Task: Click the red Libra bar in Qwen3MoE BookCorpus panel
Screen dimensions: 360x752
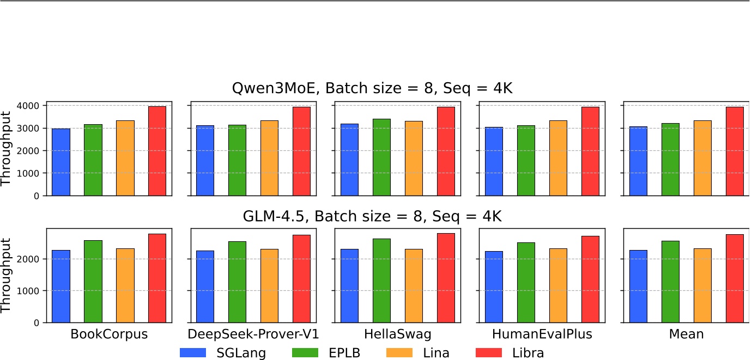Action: tap(157, 151)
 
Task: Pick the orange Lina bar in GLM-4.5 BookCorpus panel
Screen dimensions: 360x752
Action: tap(125, 285)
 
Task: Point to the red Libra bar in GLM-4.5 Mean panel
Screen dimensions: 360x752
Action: tap(735, 278)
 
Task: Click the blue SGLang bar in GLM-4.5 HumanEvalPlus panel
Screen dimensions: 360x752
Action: tap(494, 287)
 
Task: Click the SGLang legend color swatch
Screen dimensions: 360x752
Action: tap(193, 353)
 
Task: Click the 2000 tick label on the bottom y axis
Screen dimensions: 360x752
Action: tap(32, 259)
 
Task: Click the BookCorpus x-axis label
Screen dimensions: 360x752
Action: tap(109, 334)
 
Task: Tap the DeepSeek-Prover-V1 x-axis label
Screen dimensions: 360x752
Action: tap(253, 334)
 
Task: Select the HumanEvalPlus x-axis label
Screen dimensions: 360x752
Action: tap(542, 334)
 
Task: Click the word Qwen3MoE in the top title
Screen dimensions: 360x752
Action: tap(270, 88)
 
